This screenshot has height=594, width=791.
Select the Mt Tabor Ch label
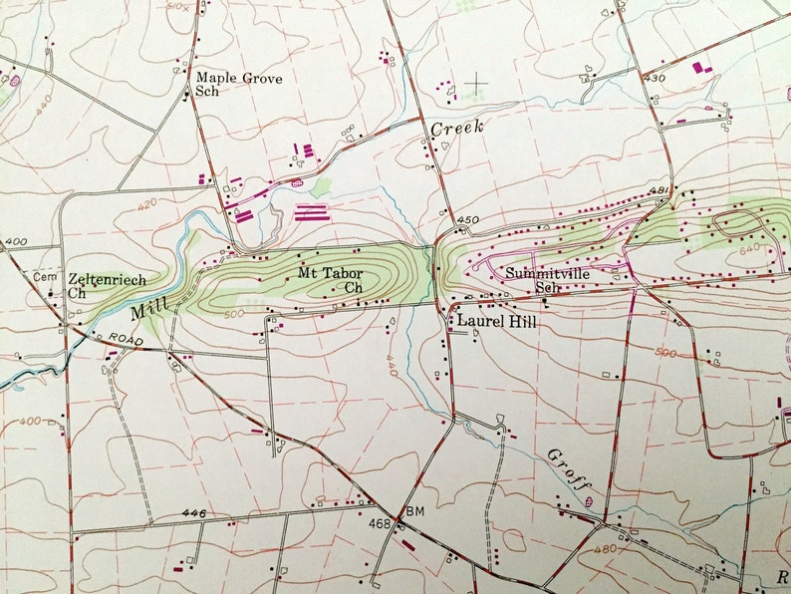pyautogui.click(x=330, y=279)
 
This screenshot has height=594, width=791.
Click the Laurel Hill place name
pyautogui.click(x=496, y=322)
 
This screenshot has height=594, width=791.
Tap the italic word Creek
pyautogui.click(x=456, y=128)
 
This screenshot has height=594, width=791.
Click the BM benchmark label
pyautogui.click(x=415, y=511)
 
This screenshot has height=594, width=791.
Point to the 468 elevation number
pyautogui.click(x=380, y=523)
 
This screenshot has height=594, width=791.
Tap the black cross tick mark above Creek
pyautogui.click(x=478, y=82)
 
